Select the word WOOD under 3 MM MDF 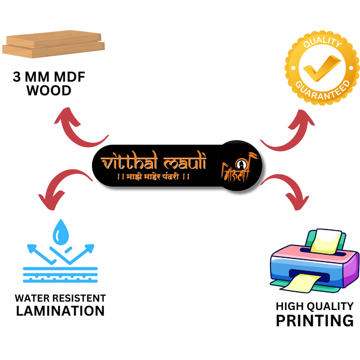point(49,91)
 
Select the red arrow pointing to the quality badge point(288,130)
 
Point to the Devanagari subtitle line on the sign point(153,177)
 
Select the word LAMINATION point(60,310)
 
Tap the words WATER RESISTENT point(60,298)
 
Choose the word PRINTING point(315,321)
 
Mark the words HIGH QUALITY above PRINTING point(315,306)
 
